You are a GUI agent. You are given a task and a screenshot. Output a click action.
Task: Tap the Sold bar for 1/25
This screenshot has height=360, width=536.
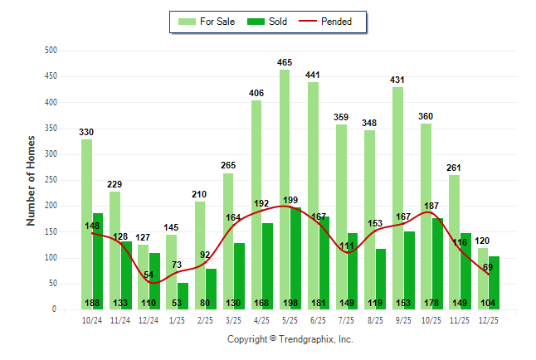[x=183, y=295]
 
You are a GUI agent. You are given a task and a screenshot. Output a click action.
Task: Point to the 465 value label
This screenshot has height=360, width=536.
[x=285, y=62]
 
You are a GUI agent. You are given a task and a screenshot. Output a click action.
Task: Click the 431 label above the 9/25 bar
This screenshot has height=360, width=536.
[x=397, y=80]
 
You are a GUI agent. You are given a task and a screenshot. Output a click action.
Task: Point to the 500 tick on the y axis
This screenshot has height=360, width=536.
[x=51, y=51]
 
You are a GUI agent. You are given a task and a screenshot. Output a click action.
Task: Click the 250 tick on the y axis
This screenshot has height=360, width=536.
[x=51, y=180]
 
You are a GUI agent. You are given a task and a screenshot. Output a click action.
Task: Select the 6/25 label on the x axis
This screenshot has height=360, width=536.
[x=318, y=319]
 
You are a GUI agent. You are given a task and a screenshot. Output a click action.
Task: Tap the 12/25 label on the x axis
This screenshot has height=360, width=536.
[x=487, y=319]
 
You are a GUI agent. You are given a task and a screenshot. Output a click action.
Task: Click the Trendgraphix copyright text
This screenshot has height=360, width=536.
[x=290, y=339]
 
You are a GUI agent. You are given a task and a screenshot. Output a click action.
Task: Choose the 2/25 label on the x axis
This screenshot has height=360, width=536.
[x=205, y=319]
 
